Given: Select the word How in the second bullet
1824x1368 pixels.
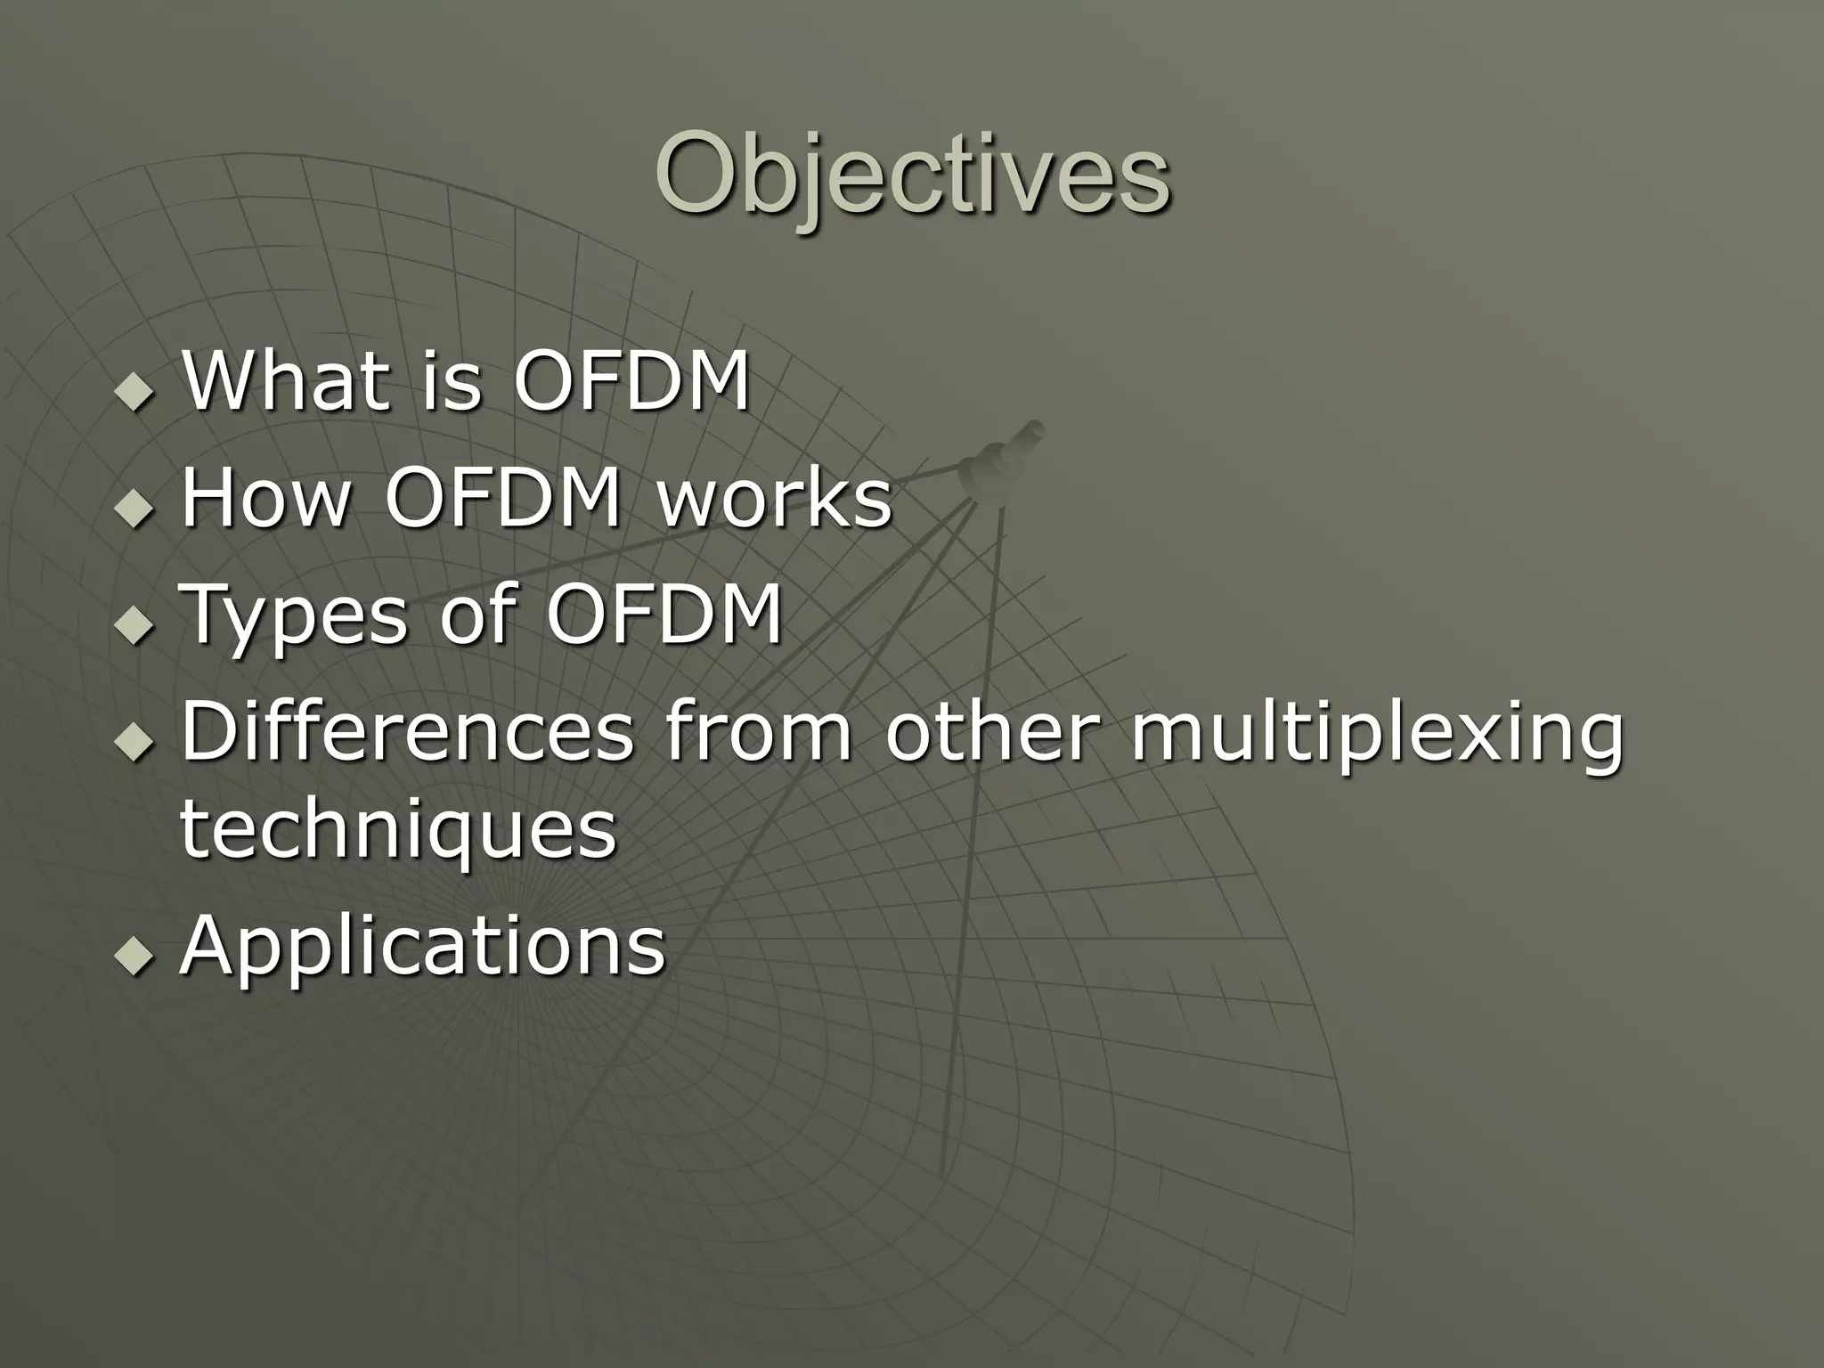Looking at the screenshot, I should [265, 498].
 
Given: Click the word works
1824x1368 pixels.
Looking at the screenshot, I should [774, 498].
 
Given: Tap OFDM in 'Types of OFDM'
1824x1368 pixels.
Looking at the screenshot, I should [664, 615].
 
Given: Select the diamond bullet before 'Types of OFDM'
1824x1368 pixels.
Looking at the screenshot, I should [134, 626].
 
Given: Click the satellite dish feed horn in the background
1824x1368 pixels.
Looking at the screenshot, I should [1002, 459].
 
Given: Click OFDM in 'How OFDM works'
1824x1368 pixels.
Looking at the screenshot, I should [502, 498].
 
